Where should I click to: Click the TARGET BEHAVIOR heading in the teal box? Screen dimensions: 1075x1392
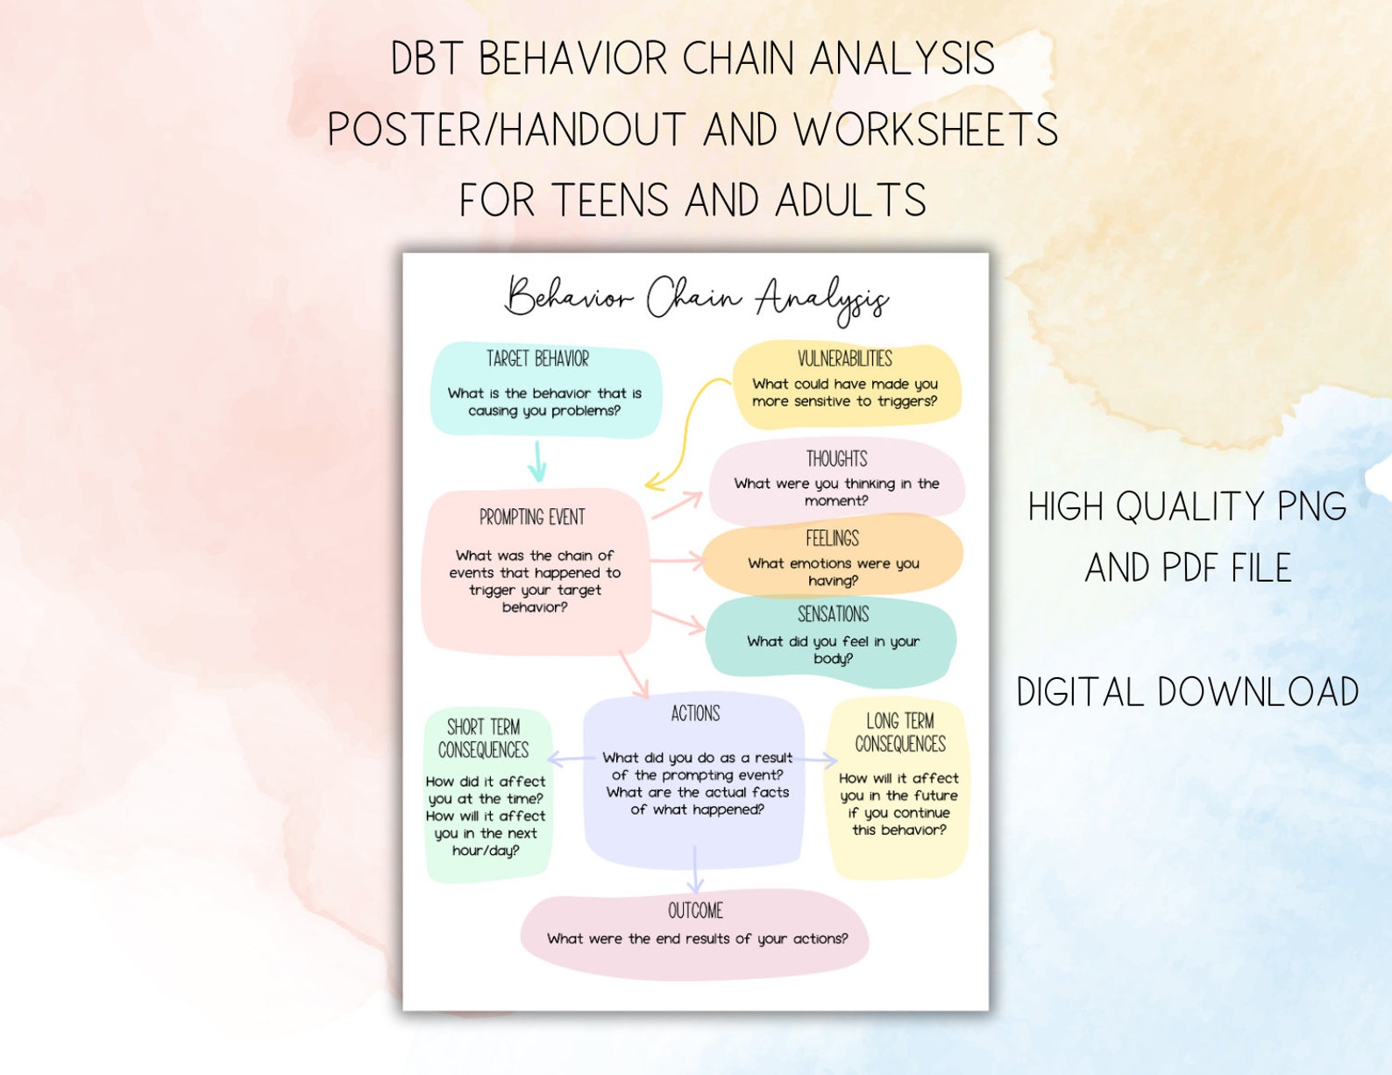coord(537,359)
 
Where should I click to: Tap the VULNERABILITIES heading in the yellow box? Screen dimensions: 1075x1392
coord(844,358)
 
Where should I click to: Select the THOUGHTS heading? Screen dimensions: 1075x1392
coord(836,459)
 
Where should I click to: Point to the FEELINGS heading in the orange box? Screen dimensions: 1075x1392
coord(832,539)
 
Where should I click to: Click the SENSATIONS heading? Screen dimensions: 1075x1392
coord(833,614)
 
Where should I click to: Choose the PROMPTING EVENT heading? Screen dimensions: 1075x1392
coord(532,517)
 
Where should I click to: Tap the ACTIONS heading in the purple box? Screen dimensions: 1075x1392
coord(695,714)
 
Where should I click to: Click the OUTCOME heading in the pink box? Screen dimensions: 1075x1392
coord(695,911)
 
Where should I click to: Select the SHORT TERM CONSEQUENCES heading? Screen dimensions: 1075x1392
coord(483,739)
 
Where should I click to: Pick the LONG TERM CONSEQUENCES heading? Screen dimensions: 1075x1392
coord(900,732)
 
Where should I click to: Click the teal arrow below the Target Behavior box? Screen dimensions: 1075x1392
coord(537,462)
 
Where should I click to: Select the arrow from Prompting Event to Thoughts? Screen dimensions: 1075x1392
coord(678,505)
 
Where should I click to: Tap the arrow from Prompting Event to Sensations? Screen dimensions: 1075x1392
coord(678,620)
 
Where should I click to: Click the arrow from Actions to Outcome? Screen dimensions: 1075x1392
coord(695,870)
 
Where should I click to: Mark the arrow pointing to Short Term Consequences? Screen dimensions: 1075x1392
coord(570,759)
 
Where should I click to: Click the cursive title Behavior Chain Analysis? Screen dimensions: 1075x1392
coord(696,298)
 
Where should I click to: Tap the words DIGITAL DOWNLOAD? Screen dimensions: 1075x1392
coord(1188,692)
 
